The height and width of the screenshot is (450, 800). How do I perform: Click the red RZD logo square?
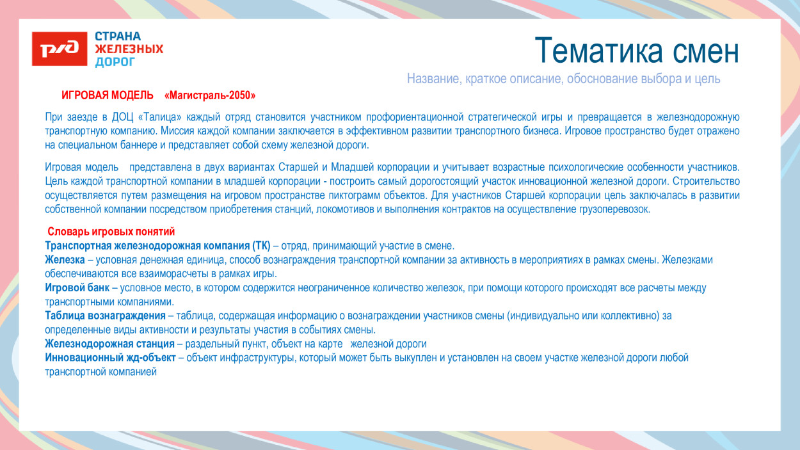(60, 49)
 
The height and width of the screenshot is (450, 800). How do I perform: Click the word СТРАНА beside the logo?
(118, 36)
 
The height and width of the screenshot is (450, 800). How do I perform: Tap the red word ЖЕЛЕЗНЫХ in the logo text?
(129, 49)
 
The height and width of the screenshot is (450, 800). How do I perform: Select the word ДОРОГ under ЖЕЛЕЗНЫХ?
(115, 62)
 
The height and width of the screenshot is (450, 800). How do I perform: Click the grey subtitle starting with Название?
(563, 79)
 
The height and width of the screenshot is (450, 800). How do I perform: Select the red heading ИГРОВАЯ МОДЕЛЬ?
(108, 95)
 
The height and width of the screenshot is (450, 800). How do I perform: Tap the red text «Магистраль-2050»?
(210, 95)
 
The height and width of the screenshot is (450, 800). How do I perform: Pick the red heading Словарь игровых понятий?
(111, 232)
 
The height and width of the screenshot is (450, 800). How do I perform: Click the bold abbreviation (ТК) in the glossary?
(261, 246)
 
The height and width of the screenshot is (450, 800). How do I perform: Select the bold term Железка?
(65, 260)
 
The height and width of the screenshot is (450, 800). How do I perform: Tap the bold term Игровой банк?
(77, 288)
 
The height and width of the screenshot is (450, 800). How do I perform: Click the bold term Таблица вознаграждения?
(105, 316)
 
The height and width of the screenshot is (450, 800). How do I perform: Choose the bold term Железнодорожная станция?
(109, 344)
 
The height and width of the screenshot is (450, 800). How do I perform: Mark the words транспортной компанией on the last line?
(100, 372)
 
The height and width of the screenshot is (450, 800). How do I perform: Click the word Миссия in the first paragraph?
(177, 131)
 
